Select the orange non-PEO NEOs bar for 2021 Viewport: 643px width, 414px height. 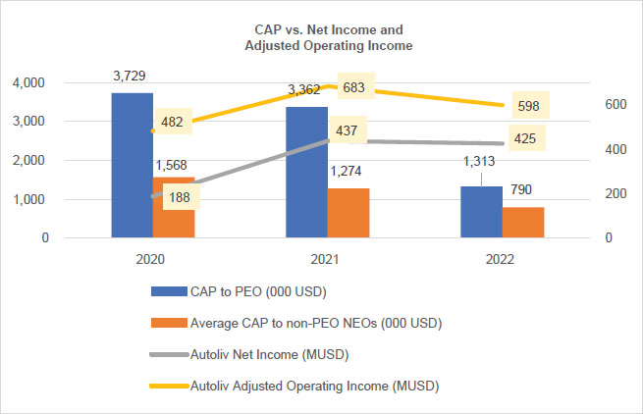click(x=348, y=213)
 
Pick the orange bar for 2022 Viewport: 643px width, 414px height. click(x=522, y=223)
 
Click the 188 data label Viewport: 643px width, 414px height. click(x=181, y=196)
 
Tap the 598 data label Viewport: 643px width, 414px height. click(x=526, y=105)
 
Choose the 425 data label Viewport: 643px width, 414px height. click(x=525, y=138)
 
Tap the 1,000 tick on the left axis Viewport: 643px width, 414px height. click(x=33, y=199)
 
